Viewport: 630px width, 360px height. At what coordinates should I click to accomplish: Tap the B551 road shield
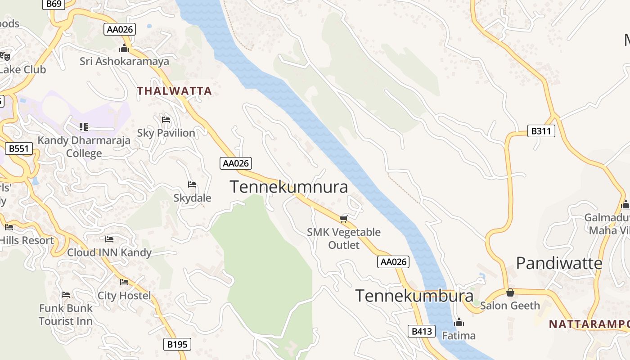point(19,148)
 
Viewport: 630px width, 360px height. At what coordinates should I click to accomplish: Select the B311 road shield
point(541,131)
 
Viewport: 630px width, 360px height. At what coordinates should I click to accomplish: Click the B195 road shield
point(177,345)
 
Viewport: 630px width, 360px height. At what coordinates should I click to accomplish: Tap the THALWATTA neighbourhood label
point(175,91)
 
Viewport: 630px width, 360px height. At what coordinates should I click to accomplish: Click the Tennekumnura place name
point(289,187)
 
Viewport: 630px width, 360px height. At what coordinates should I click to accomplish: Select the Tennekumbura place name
point(414,296)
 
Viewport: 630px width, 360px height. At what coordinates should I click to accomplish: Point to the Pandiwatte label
point(559,263)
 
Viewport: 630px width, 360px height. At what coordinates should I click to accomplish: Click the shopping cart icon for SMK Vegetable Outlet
point(344,219)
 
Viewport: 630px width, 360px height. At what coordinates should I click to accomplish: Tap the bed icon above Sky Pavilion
point(166,120)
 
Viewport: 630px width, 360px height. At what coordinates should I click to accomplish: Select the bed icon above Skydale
point(192,184)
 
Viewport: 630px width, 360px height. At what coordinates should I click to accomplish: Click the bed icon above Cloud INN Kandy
point(109,239)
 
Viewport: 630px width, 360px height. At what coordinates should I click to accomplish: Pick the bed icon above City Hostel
point(124,282)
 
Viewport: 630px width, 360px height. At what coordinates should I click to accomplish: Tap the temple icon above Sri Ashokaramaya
point(124,48)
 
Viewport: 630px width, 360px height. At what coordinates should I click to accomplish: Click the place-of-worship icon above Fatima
point(459,322)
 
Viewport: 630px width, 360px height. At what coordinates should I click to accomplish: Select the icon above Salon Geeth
point(510,292)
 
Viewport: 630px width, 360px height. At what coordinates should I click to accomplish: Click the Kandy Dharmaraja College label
point(84,147)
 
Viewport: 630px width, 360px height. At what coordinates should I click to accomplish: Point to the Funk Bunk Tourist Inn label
point(66,315)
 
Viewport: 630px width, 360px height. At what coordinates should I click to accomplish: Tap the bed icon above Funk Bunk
point(66,295)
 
